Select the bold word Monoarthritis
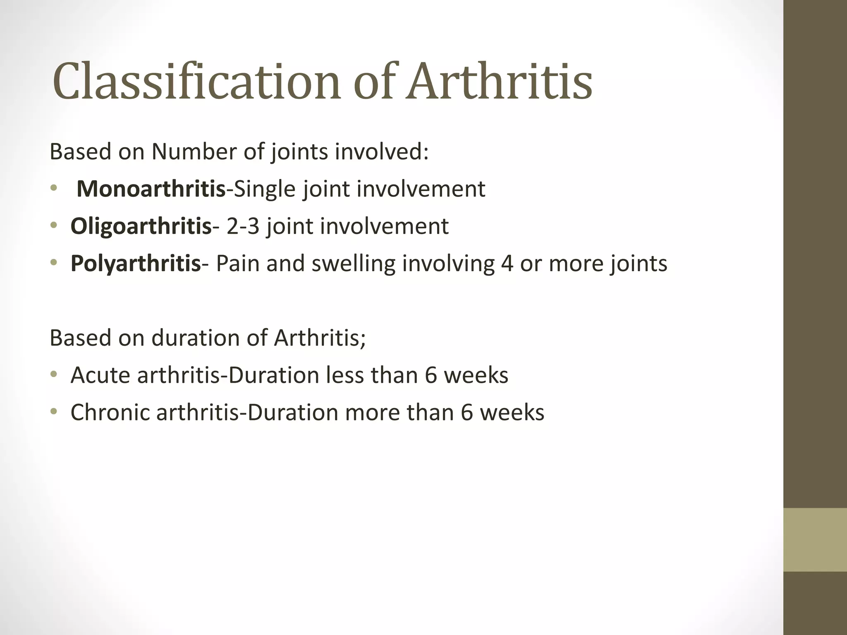pos(151,189)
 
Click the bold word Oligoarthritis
pos(141,226)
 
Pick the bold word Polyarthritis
pos(136,263)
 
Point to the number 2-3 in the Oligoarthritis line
pos(242,226)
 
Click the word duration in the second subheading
pos(196,338)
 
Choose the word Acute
pos(100,375)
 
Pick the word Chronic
pos(110,412)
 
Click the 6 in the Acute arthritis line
pos(431,375)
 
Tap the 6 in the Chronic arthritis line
pos(467,412)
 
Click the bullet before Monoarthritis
pos(53,189)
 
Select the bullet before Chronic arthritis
pos(53,412)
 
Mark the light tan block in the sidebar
pos(815,540)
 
